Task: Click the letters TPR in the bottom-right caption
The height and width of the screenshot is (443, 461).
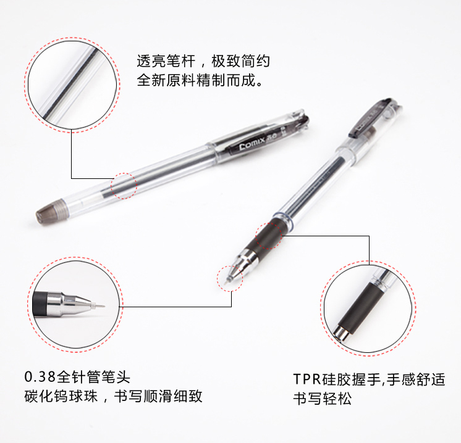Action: tap(307, 379)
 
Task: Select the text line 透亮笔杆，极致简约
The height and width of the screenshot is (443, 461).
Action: tap(203, 61)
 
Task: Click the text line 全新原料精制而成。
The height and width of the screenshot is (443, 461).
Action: tap(200, 80)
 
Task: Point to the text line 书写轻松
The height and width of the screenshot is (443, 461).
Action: tap(322, 399)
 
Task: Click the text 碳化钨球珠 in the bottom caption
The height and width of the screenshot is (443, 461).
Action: tap(61, 396)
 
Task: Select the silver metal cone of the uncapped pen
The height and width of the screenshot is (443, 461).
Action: tap(240, 263)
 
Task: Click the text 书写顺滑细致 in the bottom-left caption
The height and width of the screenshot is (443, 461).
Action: tap(158, 396)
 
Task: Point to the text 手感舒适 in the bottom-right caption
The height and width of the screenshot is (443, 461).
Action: tap(416, 379)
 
